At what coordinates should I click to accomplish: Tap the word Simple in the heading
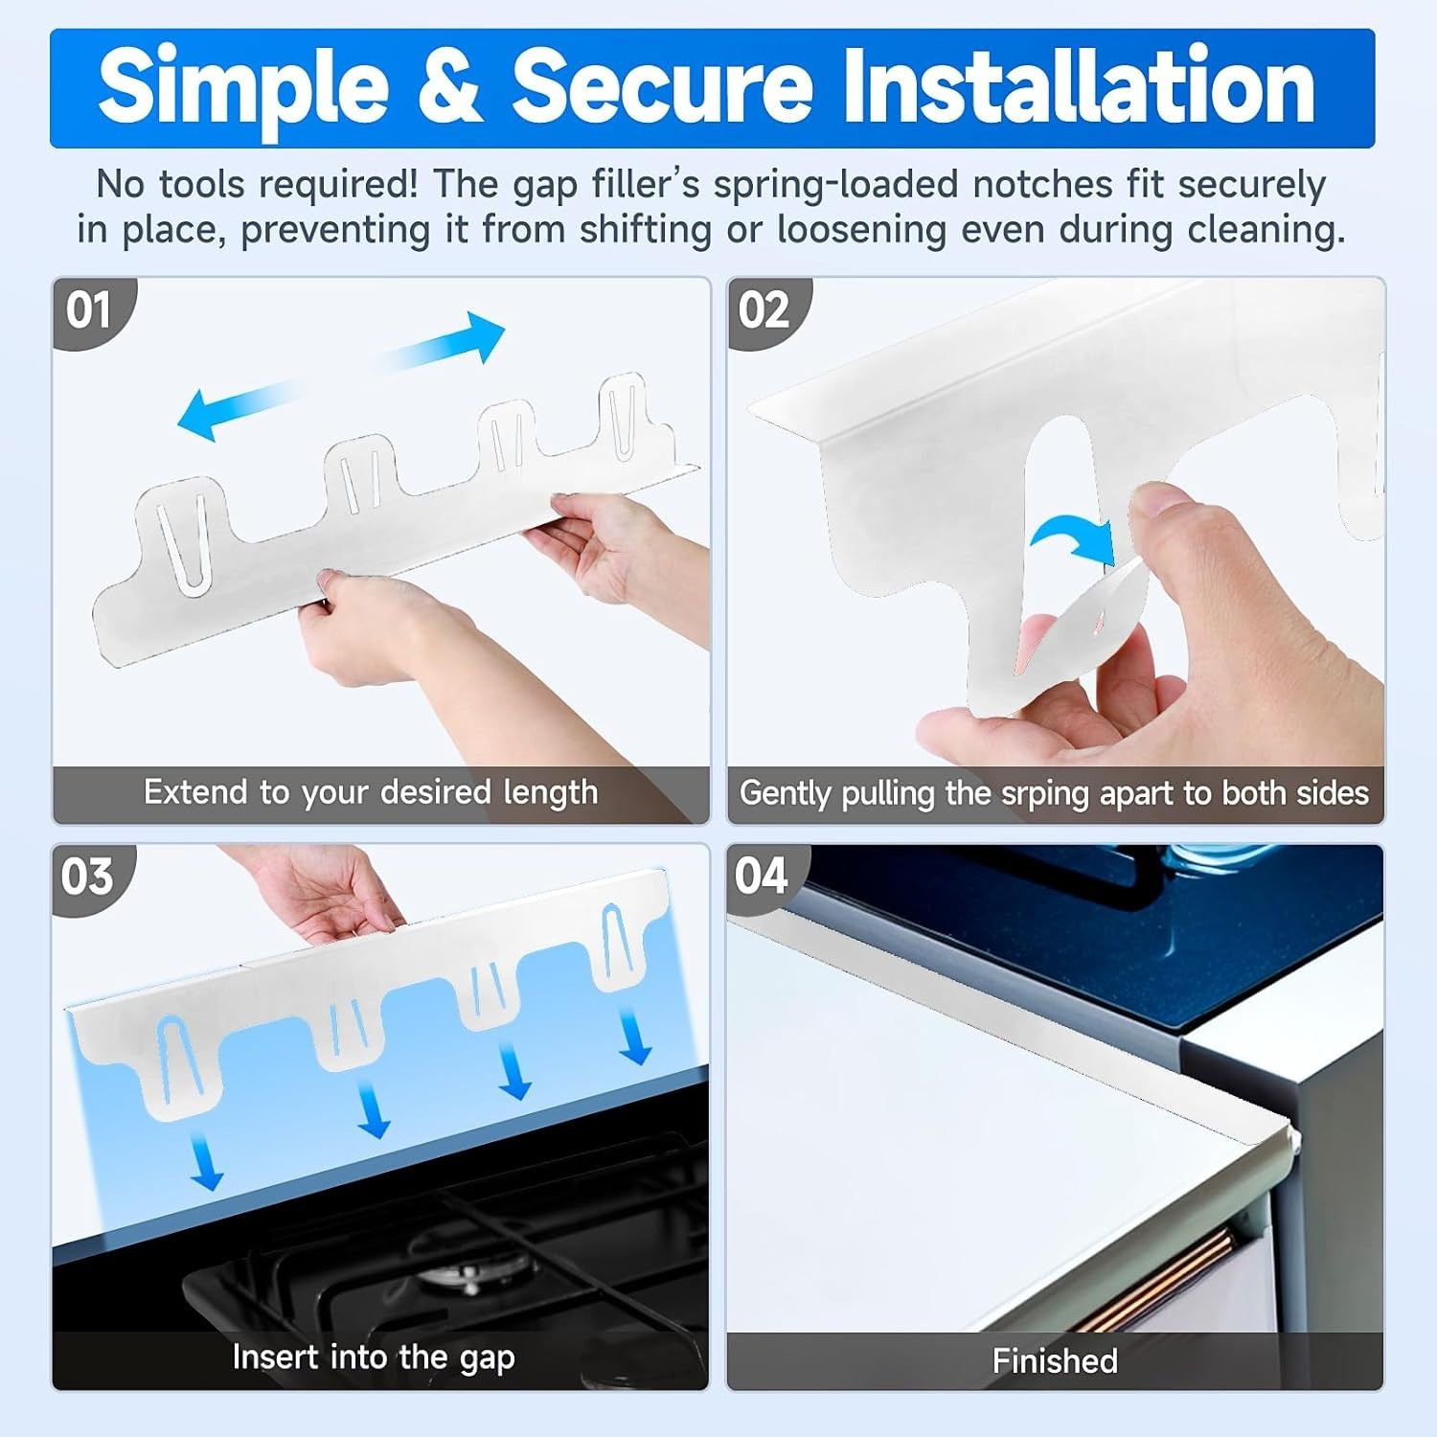click(243, 88)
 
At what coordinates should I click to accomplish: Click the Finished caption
click(1055, 1360)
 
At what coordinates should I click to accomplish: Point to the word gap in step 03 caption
click(486, 1359)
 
